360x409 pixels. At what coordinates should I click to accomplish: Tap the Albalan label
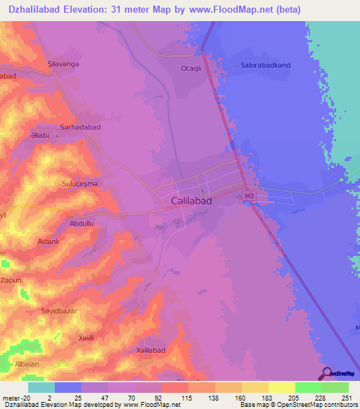(27, 365)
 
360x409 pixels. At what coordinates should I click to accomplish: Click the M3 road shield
(248, 195)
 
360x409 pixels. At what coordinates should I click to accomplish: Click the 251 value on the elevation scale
(348, 398)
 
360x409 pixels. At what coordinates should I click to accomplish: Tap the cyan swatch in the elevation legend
(41, 387)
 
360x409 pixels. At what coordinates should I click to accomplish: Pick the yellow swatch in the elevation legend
(281, 387)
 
